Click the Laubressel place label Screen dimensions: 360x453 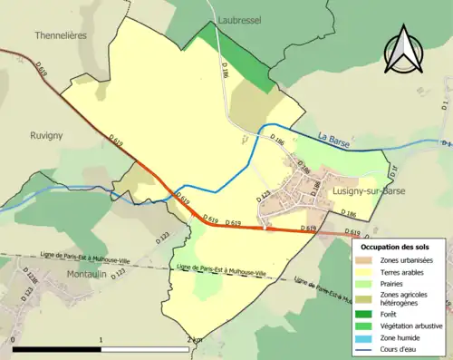(x=239, y=17)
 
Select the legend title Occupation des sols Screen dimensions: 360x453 (x=395, y=247)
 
